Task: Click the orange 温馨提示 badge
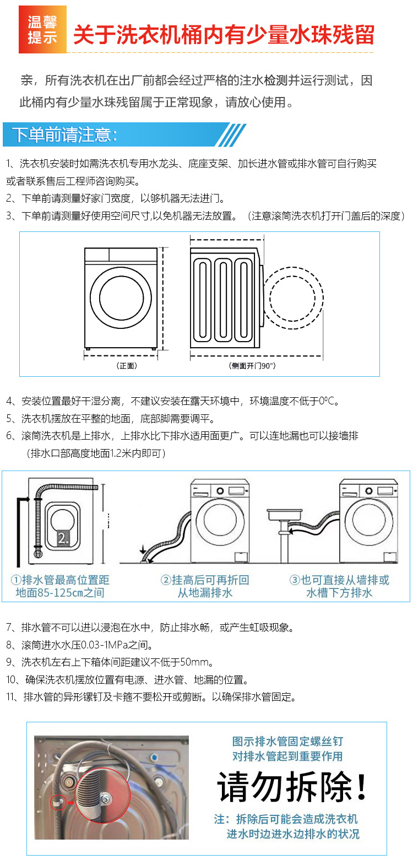[x=42, y=30]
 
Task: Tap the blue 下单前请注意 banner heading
[x=65, y=135]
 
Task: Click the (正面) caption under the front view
[x=127, y=366]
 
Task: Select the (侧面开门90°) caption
[x=253, y=366]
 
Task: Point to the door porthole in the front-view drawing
[x=121, y=298]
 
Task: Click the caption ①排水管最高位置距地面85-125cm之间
[x=60, y=586]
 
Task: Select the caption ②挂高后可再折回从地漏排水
[x=205, y=586]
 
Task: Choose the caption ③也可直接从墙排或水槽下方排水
[x=339, y=586]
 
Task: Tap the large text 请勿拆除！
[x=292, y=787]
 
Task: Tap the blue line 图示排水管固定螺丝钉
[x=287, y=742]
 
